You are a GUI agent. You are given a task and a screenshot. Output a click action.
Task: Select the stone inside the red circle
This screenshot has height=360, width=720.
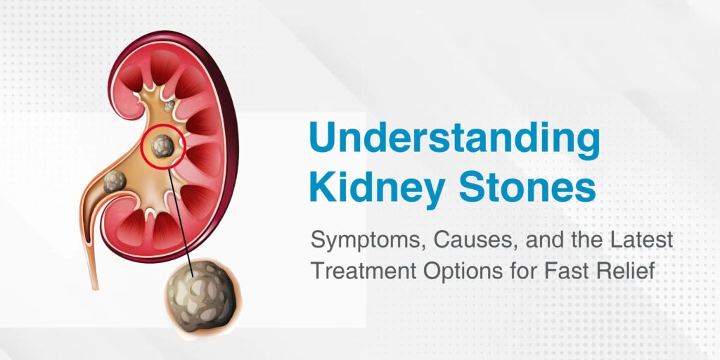pyautogui.click(x=162, y=146)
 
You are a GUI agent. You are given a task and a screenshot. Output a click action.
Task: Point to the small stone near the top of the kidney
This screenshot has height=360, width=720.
pyautogui.click(x=169, y=106)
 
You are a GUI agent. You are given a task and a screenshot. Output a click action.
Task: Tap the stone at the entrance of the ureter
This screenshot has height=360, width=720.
pyautogui.click(x=115, y=182)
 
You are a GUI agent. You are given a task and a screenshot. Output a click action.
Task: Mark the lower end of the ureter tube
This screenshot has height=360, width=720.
pyautogui.click(x=95, y=288)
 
